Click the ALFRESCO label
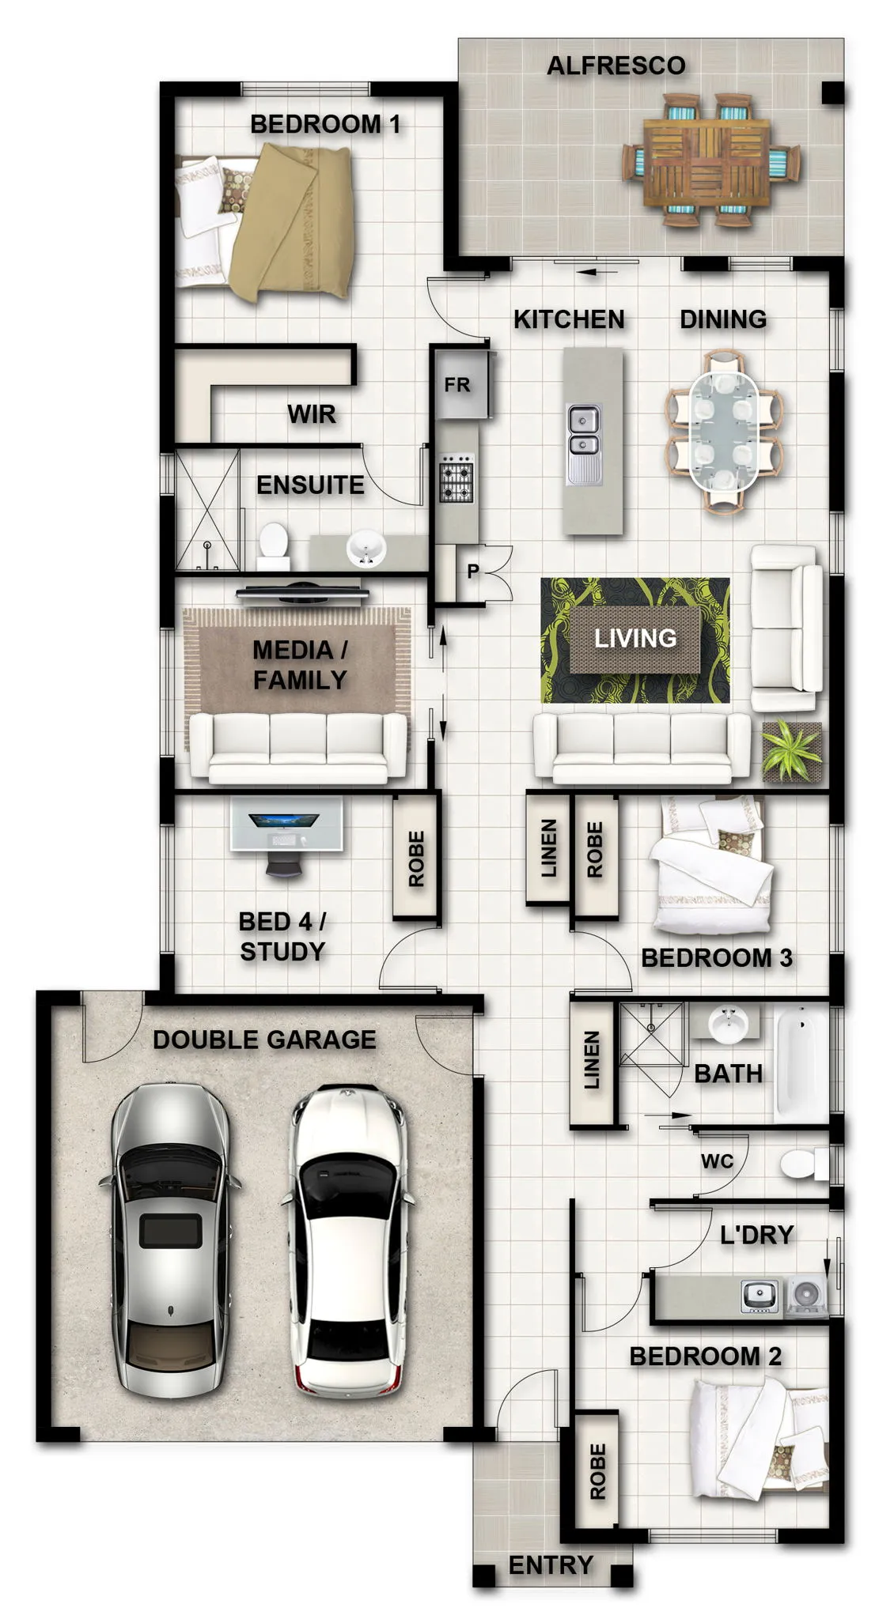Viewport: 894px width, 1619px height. pos(616,66)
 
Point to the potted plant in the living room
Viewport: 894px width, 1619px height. pos(791,751)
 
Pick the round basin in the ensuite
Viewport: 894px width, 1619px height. pos(366,547)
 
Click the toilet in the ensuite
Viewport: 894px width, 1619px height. pos(273,545)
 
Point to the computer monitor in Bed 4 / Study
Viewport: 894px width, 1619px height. pos(284,821)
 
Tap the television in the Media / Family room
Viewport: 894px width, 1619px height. pos(302,591)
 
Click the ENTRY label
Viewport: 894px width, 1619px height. pos(551,1564)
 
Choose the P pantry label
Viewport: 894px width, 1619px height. pos(473,571)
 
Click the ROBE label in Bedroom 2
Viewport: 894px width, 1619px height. pos(597,1471)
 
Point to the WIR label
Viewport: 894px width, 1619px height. pos(312,413)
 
